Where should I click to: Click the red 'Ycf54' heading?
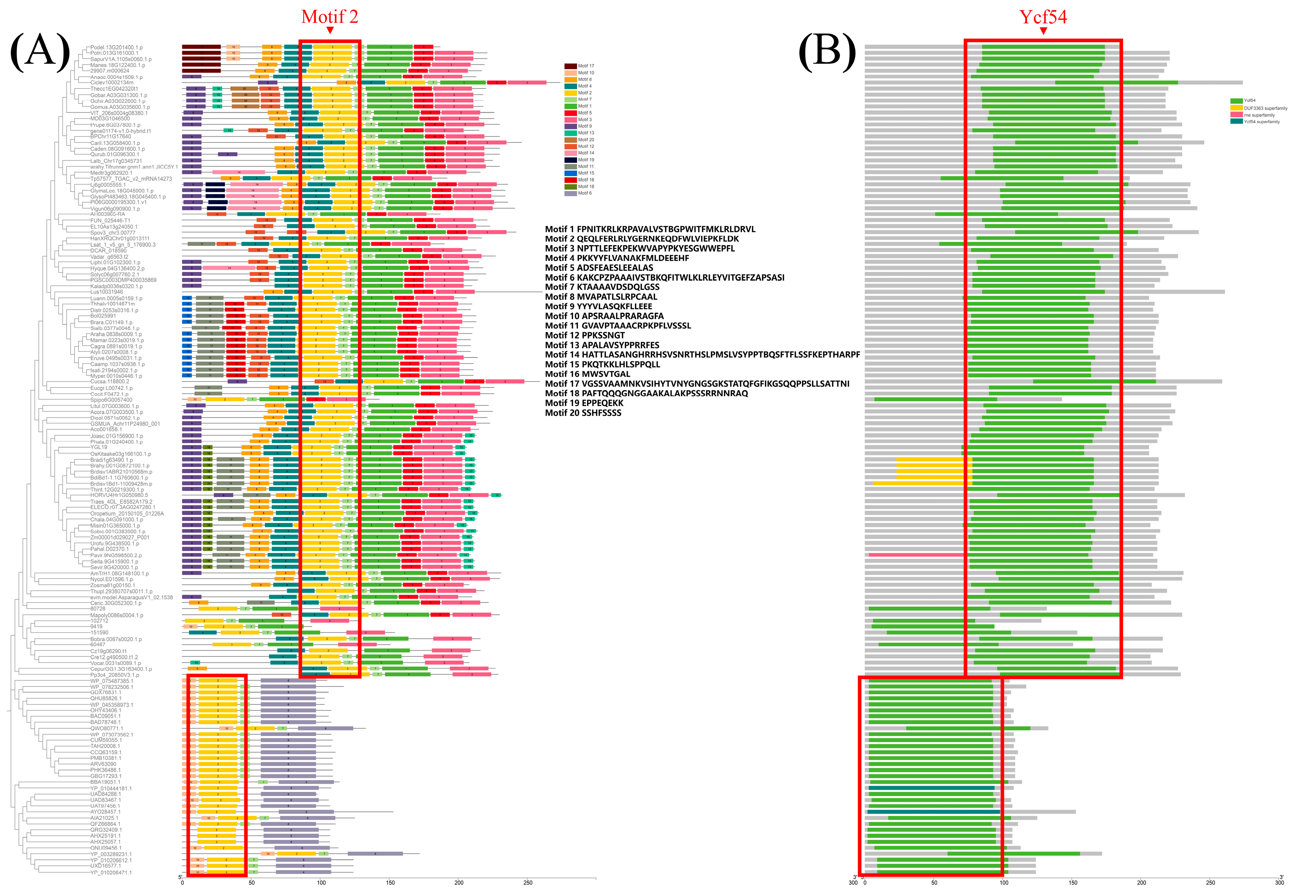[1043, 17]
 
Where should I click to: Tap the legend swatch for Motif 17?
[570, 66]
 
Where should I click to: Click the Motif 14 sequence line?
[702, 354]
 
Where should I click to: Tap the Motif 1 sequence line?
[650, 229]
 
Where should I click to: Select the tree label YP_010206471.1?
[111, 872]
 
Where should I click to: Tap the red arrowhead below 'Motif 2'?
[330, 31]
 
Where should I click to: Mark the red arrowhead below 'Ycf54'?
[1043, 31]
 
